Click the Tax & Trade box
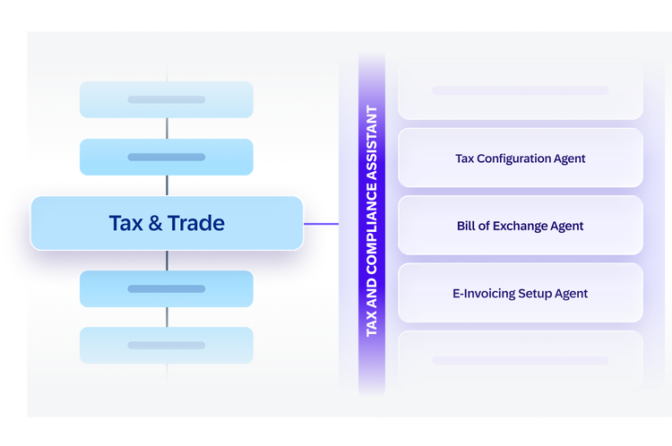[x=167, y=223]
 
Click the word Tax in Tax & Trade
[x=126, y=223]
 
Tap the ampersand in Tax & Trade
[x=155, y=223]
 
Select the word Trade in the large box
[x=196, y=223]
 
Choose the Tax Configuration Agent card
[x=521, y=158]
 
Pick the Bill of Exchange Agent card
[x=521, y=226]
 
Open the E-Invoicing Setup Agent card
[x=521, y=293]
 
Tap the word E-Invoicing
[x=484, y=294]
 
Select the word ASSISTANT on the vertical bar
[x=372, y=143]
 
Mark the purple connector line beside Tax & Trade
[x=321, y=224]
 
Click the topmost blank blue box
[x=167, y=99]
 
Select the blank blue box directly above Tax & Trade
[x=167, y=157]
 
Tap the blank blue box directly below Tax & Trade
[x=167, y=288]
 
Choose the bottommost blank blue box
[x=167, y=346]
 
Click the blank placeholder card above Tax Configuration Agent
[x=521, y=90]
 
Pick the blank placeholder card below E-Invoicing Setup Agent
[x=521, y=360]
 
